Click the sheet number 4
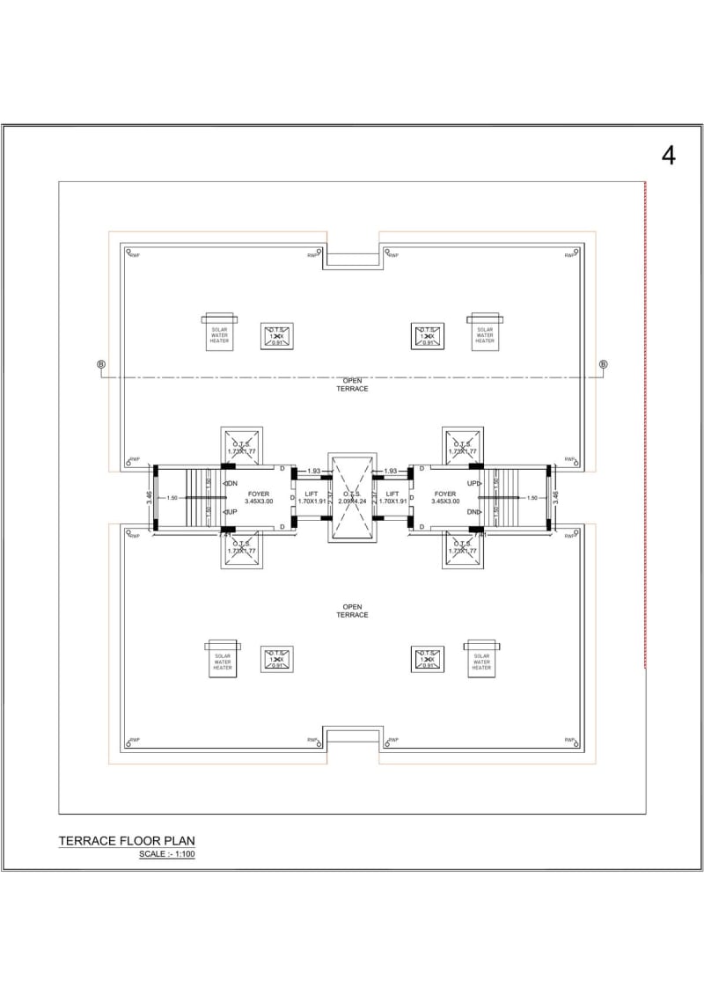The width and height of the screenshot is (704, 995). [x=669, y=156]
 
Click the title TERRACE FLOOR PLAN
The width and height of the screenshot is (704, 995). [x=126, y=841]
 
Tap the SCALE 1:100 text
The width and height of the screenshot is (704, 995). [x=166, y=854]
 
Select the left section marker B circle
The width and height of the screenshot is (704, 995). [x=100, y=364]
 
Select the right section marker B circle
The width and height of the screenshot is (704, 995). [x=604, y=364]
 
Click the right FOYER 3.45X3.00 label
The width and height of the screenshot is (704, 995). [x=445, y=497]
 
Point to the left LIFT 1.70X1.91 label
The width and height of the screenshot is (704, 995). [x=311, y=497]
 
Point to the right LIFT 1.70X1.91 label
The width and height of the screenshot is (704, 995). [x=392, y=497]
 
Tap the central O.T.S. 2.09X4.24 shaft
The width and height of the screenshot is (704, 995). [x=351, y=497]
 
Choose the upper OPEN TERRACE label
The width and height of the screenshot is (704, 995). [x=352, y=384]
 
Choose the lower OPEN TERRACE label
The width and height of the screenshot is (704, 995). [x=352, y=611]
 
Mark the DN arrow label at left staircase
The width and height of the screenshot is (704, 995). [x=233, y=484]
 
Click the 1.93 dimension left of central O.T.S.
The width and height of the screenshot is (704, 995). [x=314, y=472]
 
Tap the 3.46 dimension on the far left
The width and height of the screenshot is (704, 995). [x=150, y=498]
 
